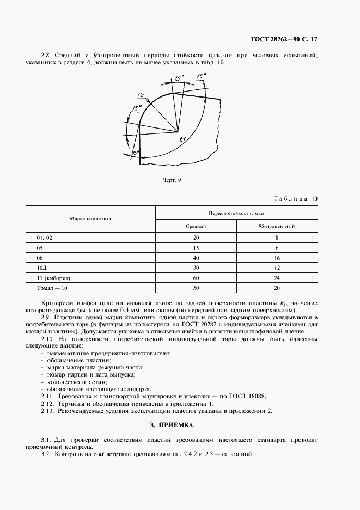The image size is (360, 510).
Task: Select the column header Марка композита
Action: point(90,218)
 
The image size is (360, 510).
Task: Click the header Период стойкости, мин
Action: point(236,212)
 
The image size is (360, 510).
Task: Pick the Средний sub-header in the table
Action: point(196,226)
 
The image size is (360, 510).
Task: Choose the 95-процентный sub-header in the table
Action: point(277,226)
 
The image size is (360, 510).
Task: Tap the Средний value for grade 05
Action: point(196,248)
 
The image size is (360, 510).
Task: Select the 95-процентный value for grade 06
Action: point(277,258)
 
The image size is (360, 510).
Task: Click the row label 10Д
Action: point(42,268)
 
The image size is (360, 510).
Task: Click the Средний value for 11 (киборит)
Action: point(196,277)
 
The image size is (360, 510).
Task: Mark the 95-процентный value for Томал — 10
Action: point(277,287)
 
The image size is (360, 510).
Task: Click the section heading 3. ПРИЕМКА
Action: point(172,424)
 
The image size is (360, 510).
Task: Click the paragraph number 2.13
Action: point(48,411)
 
